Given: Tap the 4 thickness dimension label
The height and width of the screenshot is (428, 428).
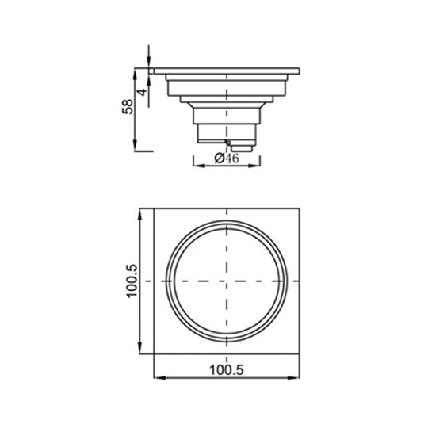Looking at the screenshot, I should point(142,92).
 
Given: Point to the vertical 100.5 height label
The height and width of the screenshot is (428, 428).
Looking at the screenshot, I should point(132,283).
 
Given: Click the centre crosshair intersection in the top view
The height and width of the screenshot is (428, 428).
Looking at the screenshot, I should point(228,282).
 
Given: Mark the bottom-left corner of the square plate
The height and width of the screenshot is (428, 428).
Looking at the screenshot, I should point(154,357).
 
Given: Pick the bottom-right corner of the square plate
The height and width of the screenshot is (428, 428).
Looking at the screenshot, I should point(303,357).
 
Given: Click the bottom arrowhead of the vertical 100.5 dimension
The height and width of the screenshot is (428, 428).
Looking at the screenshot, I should point(142,353).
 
